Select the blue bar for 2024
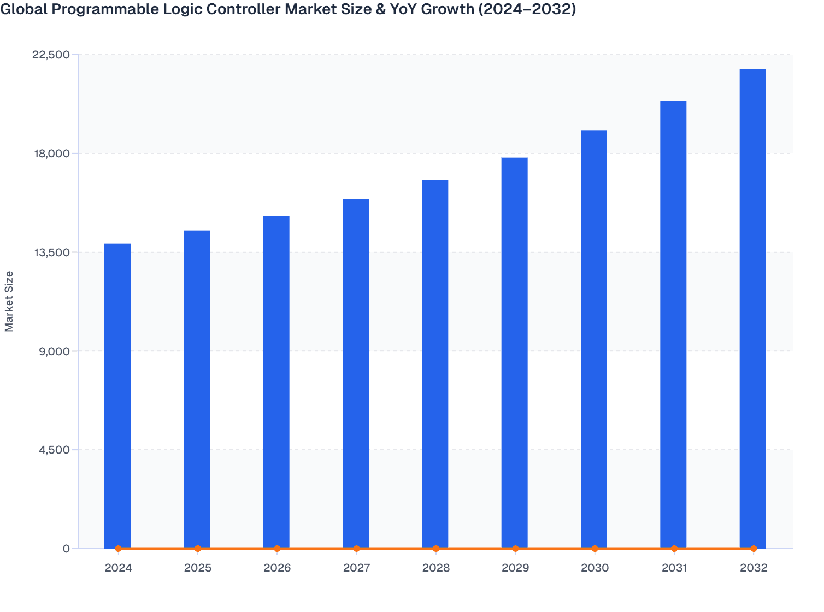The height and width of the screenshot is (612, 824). (117, 396)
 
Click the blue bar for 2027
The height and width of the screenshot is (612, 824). (356, 374)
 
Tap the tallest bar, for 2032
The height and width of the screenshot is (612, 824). (752, 309)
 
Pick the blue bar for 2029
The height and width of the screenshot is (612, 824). (514, 353)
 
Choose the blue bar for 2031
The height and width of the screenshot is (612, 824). (673, 325)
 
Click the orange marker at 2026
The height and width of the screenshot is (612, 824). (277, 548)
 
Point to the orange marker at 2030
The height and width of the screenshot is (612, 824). (595, 548)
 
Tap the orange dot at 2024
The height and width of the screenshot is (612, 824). (118, 548)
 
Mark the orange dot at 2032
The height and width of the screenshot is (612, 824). (754, 548)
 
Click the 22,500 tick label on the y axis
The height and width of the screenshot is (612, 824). (51, 55)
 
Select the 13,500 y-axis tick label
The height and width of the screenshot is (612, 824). (51, 252)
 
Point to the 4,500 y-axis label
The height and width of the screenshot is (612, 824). (54, 450)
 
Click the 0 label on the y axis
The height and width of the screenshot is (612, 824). (66, 549)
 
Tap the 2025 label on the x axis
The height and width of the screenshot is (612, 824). (198, 568)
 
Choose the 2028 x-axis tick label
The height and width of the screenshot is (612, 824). (436, 568)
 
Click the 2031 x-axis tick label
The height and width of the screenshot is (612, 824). (674, 568)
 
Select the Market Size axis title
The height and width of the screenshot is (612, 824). (9, 301)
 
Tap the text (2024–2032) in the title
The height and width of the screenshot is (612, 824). (527, 9)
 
